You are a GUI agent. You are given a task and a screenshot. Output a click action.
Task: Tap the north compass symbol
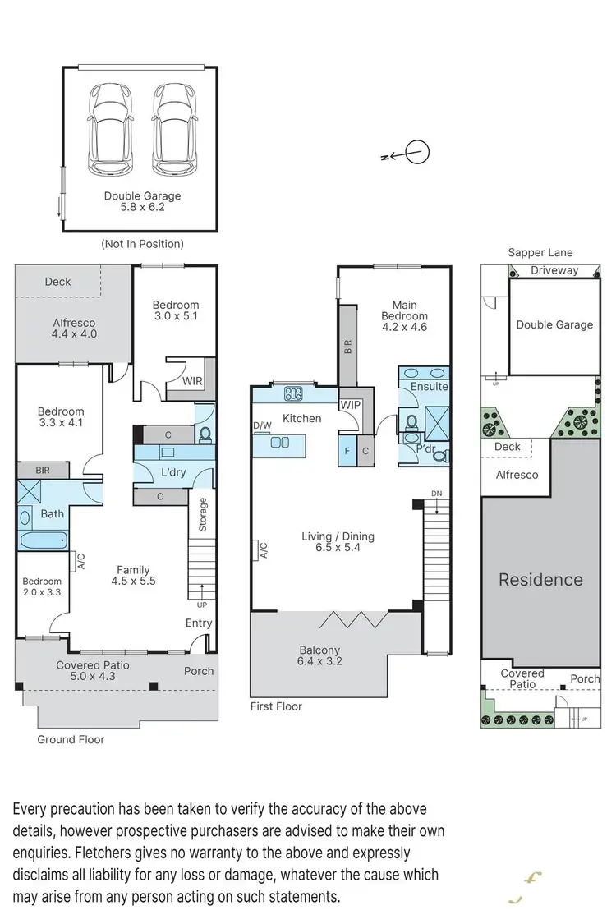(417, 153)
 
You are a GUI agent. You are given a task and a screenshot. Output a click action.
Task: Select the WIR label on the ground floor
(192, 382)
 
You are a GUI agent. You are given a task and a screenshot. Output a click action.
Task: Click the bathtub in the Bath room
(43, 540)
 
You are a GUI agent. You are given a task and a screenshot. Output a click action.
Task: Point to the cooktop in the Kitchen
(292, 393)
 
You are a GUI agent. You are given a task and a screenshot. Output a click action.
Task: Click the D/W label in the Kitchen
(262, 425)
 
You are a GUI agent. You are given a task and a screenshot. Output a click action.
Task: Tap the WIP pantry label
(351, 405)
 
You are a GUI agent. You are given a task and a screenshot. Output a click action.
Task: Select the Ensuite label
(430, 386)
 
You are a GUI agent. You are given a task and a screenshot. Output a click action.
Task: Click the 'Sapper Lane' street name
(540, 253)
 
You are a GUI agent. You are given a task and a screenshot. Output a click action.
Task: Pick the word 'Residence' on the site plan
(540, 580)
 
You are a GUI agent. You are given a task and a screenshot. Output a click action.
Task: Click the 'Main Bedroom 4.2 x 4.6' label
(404, 315)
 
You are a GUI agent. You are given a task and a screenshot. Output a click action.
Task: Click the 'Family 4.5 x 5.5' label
(133, 575)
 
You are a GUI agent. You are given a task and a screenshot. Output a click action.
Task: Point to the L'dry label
(174, 475)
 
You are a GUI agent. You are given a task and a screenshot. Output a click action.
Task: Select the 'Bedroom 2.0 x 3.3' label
(41, 586)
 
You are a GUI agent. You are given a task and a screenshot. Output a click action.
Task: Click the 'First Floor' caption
(276, 706)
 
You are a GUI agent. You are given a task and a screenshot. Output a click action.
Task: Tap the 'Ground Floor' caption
(71, 739)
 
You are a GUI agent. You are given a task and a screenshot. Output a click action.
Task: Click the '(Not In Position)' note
(142, 244)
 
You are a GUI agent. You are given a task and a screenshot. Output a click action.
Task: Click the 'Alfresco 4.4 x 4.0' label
(74, 329)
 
